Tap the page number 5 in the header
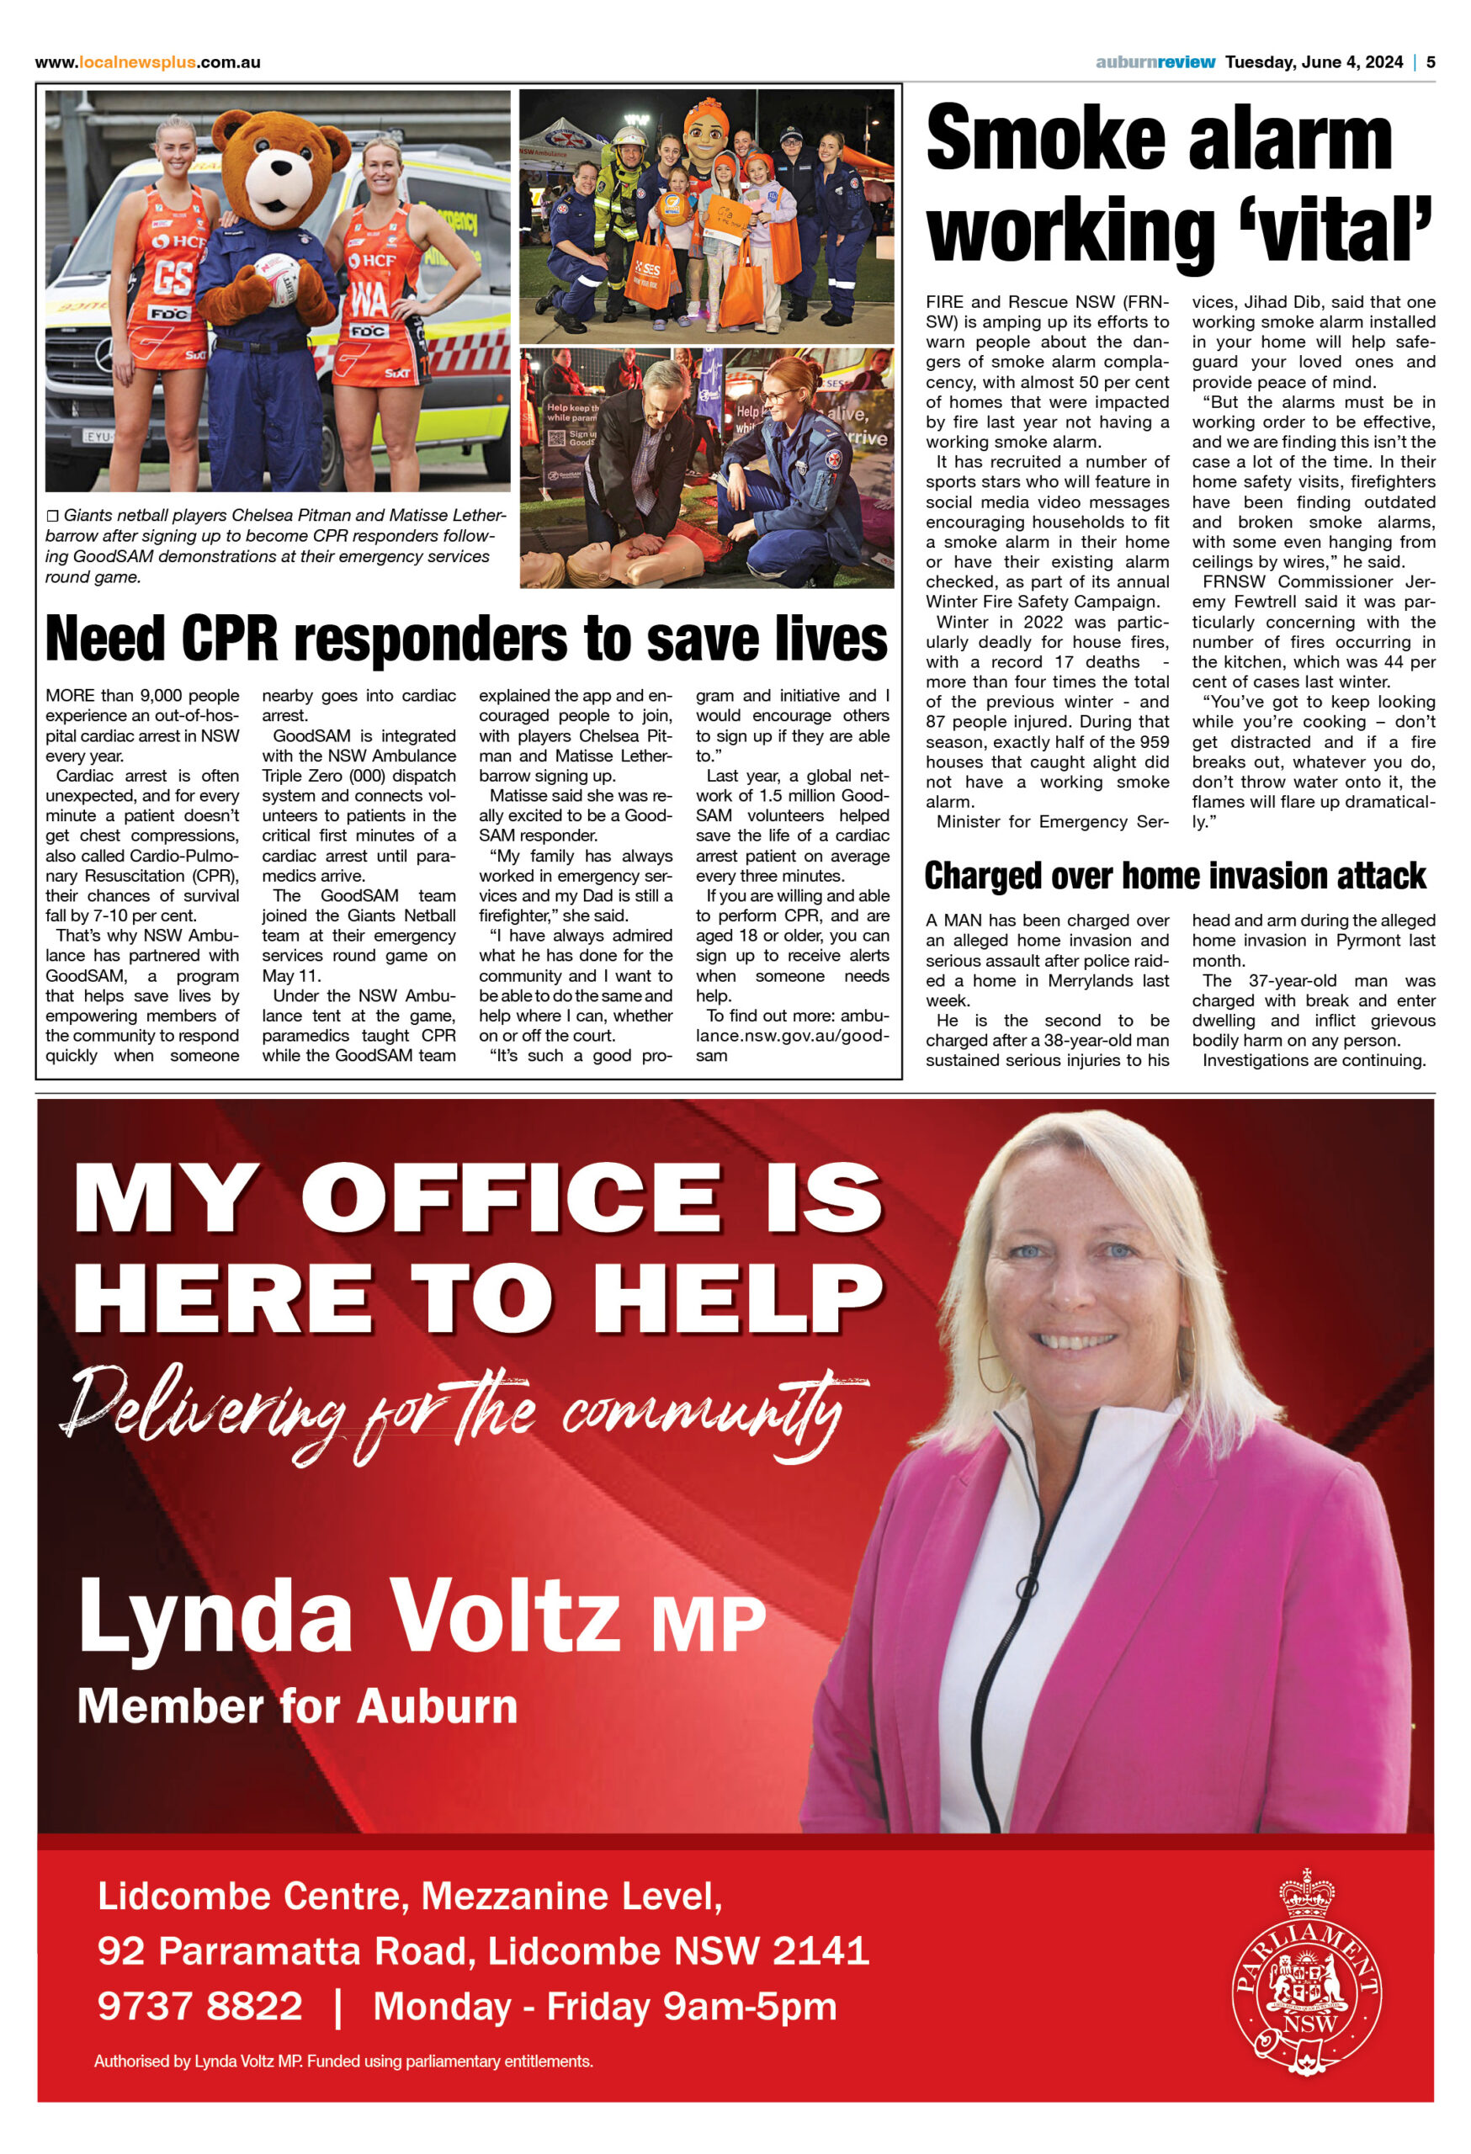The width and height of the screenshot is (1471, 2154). click(x=1431, y=62)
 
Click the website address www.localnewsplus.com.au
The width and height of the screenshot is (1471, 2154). click(x=147, y=62)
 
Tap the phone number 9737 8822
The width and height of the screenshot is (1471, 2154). click(x=200, y=2006)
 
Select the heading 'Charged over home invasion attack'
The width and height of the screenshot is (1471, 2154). click(x=1175, y=875)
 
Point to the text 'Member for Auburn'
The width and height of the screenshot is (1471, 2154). click(x=296, y=1706)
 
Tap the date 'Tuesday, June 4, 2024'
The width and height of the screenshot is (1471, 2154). click(x=1314, y=62)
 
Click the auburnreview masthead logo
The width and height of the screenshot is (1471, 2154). click(x=1155, y=62)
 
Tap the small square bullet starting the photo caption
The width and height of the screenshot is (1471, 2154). click(x=52, y=515)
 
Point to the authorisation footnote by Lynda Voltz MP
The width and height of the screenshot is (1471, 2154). click(x=343, y=2061)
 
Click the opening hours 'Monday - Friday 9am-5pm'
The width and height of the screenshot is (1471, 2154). click(x=604, y=2006)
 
